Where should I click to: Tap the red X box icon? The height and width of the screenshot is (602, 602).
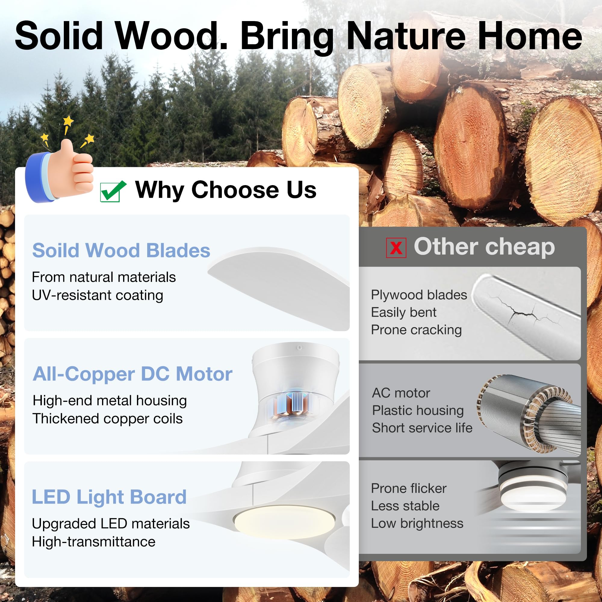coord(396,248)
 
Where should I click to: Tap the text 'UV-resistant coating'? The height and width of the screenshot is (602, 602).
coord(98,295)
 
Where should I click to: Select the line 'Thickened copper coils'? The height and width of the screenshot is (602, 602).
coord(107,418)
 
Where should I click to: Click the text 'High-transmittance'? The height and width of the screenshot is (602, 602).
coord(94,541)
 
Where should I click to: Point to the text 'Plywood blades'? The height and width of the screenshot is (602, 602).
coord(419,295)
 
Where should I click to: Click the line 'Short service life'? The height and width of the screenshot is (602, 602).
coord(422,427)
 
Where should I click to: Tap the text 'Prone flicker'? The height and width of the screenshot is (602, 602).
coord(408,488)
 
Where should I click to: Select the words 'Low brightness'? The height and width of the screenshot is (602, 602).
coord(417,523)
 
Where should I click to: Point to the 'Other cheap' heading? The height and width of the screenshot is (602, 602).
coord(484,247)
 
